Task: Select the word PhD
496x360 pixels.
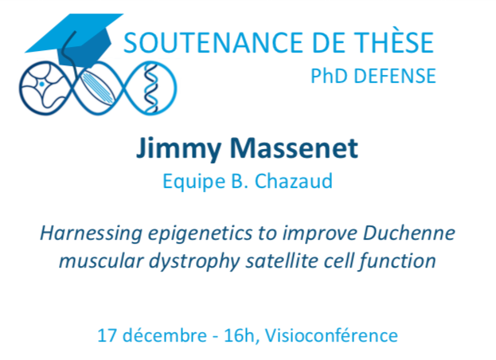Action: tap(330, 76)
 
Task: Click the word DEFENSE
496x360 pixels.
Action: tap(395, 76)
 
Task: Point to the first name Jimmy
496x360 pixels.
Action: tap(178, 149)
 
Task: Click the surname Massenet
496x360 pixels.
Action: tap(295, 147)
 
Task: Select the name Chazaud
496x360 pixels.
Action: tap(294, 182)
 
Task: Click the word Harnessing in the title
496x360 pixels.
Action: tap(91, 234)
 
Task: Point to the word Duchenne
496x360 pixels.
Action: tap(409, 233)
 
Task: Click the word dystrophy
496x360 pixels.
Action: tap(194, 262)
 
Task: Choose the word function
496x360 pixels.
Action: tap(397, 261)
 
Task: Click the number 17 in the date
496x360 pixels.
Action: tap(107, 335)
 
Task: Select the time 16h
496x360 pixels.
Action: tap(240, 335)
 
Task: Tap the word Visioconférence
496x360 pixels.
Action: tap(331, 335)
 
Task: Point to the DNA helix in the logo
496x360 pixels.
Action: tap(151, 88)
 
